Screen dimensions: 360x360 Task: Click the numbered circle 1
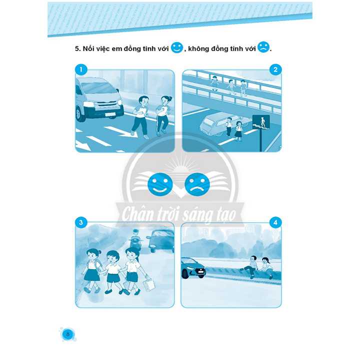tap(81, 69)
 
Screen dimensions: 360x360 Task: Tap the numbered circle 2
tap(275, 69)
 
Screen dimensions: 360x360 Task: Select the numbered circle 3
tap(81, 222)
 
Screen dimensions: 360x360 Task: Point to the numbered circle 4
tap(275, 222)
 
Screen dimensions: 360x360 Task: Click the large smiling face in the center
tap(160, 184)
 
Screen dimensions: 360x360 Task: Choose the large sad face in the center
tap(197, 184)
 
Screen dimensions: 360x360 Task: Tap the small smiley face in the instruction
tap(177, 47)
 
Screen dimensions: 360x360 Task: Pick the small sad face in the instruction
tap(263, 47)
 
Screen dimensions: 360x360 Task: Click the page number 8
tap(67, 334)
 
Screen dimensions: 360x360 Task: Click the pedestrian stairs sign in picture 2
tap(261, 122)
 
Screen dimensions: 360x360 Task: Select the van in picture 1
tap(98, 99)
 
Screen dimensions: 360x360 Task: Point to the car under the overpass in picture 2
tap(213, 124)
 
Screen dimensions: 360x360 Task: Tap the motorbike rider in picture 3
tap(136, 240)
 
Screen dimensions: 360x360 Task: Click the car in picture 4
tap(193, 268)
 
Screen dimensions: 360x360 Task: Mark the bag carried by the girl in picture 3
tap(148, 284)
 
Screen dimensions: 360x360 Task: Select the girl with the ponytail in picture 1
tap(163, 115)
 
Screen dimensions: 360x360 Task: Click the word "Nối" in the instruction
tap(87, 48)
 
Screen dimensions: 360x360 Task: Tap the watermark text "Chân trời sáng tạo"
tap(179, 214)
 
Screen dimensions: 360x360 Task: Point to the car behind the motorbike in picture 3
tap(160, 240)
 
